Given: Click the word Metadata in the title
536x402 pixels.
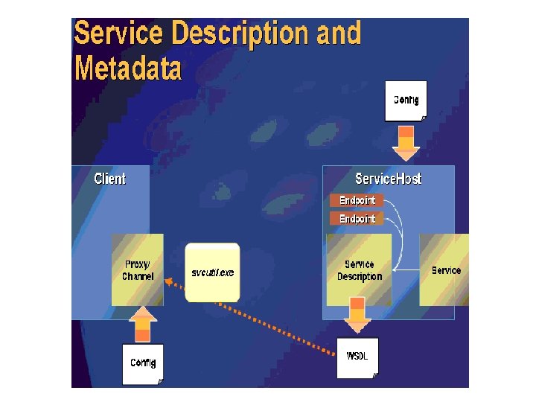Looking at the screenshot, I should (128, 68).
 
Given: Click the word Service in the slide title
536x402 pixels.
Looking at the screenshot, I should (118, 34).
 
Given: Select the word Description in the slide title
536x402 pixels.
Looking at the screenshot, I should (240, 34).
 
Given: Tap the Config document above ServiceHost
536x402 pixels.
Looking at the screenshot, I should (406, 101).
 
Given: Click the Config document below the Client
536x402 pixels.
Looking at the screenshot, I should (143, 363).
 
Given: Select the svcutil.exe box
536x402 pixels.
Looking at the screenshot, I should (213, 272).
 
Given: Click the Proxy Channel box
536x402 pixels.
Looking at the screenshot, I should (138, 270).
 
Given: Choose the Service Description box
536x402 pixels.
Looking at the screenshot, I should (360, 270).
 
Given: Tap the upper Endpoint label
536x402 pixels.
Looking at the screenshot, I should (357, 200).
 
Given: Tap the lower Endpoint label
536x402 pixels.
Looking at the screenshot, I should (357, 219).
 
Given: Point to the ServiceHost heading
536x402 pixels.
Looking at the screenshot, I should (388, 179).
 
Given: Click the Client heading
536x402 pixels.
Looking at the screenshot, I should (109, 179).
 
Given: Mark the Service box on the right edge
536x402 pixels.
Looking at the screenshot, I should (445, 270).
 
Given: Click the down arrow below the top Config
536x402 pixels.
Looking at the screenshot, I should (406, 143).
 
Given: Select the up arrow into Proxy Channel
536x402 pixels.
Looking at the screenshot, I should (143, 325).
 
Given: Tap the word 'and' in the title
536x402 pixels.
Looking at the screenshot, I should (339, 34).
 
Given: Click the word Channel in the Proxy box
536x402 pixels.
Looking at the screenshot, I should (138, 277).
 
